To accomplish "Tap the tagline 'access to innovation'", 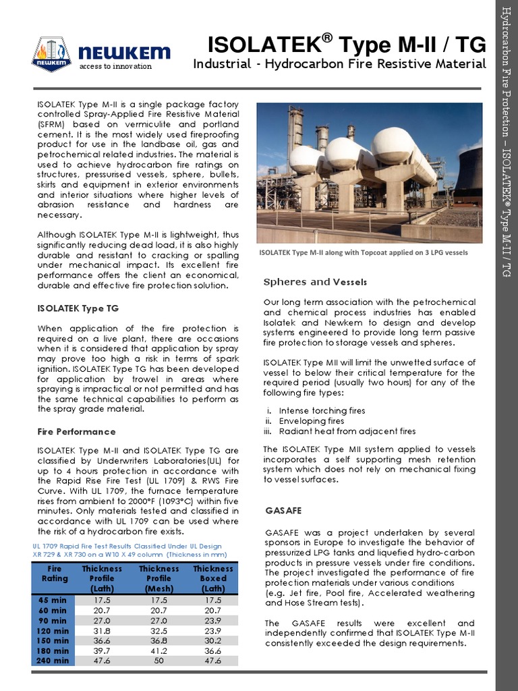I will point(116,67).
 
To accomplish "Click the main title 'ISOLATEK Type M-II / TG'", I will point(347,45).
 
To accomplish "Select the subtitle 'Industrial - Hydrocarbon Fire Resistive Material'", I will point(339,64).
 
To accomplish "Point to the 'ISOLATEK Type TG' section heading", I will point(78,308).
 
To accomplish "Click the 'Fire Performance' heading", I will point(77,431).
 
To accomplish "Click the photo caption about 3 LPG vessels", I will point(364,252).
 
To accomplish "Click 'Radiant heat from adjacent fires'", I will point(347,431).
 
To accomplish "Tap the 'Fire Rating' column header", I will point(55,574).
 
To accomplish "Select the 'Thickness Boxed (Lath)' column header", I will point(213,578).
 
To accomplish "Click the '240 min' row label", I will point(53,661).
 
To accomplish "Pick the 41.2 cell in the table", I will point(159,651).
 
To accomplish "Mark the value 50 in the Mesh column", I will point(159,661).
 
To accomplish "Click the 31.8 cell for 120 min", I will point(103,631).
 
